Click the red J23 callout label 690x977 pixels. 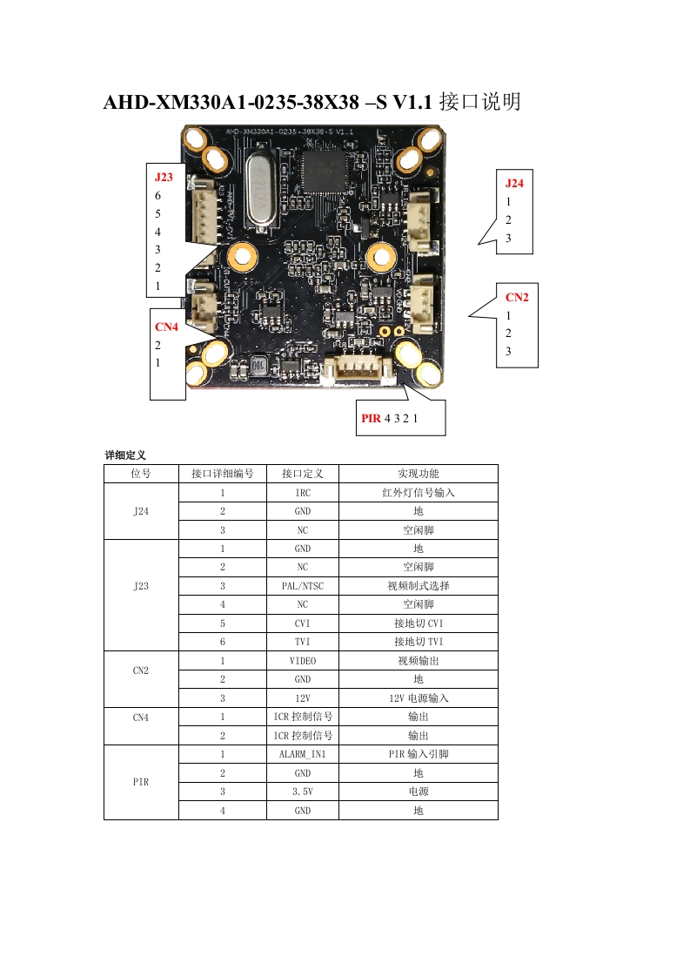[x=164, y=177]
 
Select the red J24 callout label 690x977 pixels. [x=514, y=183]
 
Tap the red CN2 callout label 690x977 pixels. [x=517, y=297]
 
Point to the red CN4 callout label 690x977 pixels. [x=166, y=327]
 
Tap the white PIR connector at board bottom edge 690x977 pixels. [x=358, y=371]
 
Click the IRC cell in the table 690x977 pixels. [x=302, y=493]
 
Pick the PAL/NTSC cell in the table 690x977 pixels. [x=302, y=586]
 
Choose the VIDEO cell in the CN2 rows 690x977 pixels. [x=302, y=661]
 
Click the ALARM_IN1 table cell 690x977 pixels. [x=302, y=754]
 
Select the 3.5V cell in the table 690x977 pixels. [x=302, y=792]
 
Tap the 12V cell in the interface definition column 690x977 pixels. [x=302, y=698]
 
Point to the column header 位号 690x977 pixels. [x=141, y=474]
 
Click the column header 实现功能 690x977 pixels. [x=418, y=474]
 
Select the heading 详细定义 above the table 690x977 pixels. [x=125, y=455]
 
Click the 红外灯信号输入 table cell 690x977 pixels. [x=418, y=493]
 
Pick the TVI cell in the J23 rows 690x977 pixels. [x=302, y=642]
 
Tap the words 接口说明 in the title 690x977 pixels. [x=480, y=103]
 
